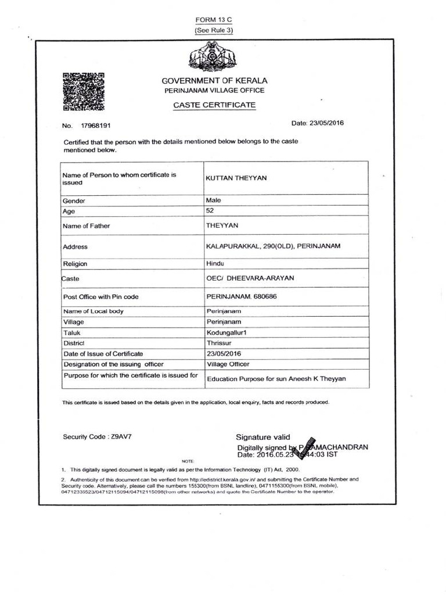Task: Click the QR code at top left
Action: click(83, 91)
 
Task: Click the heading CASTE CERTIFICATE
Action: click(214, 105)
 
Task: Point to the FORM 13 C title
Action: click(214, 19)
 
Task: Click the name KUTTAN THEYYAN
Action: click(237, 178)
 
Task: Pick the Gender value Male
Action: click(214, 200)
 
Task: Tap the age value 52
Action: click(210, 211)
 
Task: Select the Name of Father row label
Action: click(86, 225)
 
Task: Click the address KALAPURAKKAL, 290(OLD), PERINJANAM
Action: click(273, 246)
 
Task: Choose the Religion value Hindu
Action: click(216, 263)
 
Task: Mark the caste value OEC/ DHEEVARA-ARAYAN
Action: click(250, 278)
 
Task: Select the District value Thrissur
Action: click(220, 343)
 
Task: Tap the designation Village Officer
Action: click(228, 364)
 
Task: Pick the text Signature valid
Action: click(262, 437)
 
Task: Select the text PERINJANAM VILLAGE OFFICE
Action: click(214, 91)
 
